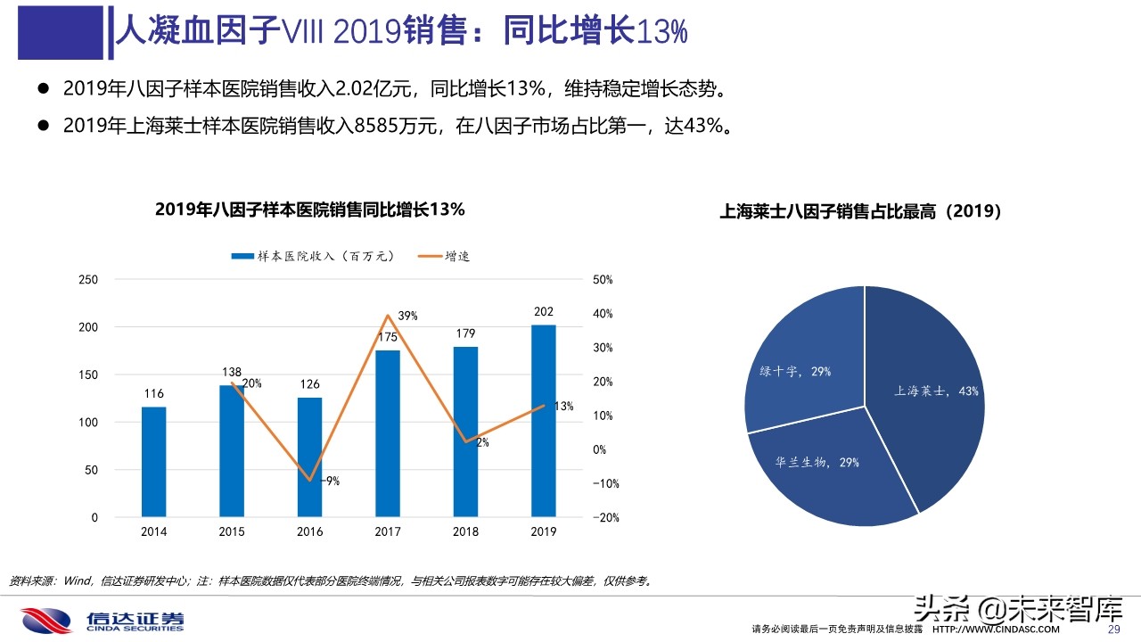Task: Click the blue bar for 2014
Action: click(153, 462)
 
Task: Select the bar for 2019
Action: click(544, 421)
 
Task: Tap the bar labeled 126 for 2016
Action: click(309, 457)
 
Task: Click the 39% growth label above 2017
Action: click(407, 317)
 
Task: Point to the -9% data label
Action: click(330, 481)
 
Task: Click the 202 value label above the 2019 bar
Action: click(544, 312)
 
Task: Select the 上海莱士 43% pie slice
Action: click(927, 392)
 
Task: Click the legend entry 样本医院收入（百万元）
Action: click(312, 256)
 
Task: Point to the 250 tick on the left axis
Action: click(88, 280)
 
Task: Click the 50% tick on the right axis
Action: click(603, 280)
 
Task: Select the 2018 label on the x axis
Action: click(465, 531)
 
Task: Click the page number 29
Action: click(1112, 630)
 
